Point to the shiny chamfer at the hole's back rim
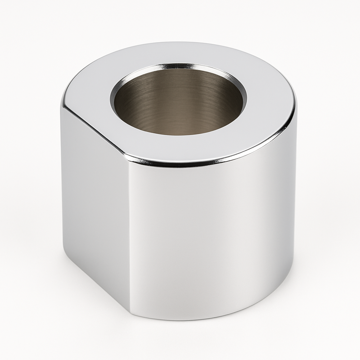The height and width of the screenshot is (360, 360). point(180,67)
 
